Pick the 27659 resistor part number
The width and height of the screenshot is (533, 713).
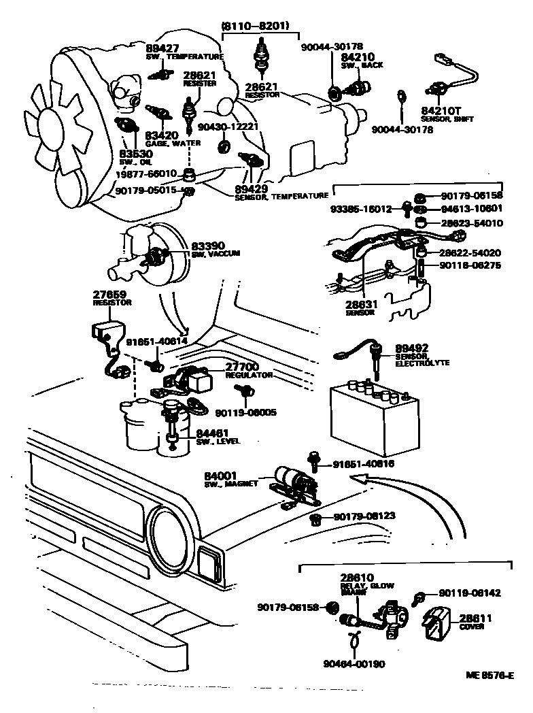(x=109, y=294)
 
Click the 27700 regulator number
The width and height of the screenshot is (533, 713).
(x=241, y=367)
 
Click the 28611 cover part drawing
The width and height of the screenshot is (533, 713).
(x=434, y=625)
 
